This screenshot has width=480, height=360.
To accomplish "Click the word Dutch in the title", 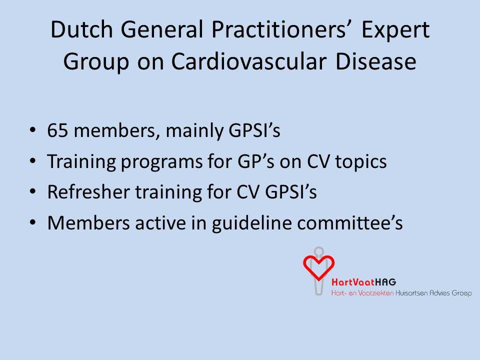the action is (x=81, y=29).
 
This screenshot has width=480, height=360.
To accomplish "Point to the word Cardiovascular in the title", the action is (x=249, y=61).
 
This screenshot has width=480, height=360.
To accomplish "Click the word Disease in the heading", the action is (x=376, y=61).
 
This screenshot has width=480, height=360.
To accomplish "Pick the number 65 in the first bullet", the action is (x=57, y=130).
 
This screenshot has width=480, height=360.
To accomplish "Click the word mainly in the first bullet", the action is (x=194, y=131).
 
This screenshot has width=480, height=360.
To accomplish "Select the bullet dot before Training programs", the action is (x=33, y=161).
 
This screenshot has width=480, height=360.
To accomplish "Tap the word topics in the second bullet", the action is (x=361, y=162).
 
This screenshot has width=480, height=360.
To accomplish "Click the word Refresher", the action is (x=89, y=192).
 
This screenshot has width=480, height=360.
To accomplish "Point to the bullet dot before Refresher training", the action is (x=33, y=191).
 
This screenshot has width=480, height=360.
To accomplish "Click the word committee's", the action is (x=350, y=223).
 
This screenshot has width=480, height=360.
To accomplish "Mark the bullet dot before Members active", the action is (x=33, y=222).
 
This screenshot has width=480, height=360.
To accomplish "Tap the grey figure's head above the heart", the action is (x=318, y=251).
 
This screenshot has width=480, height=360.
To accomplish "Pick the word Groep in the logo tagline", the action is (x=461, y=293).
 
